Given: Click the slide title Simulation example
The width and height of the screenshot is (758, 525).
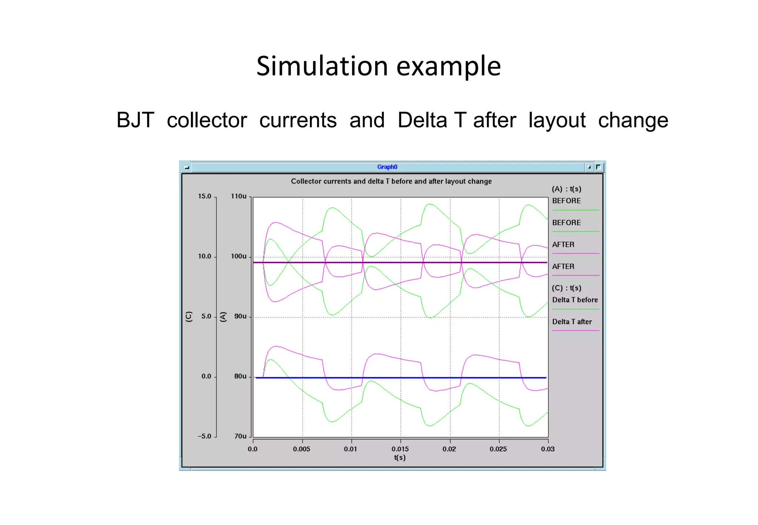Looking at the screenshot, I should point(378,66).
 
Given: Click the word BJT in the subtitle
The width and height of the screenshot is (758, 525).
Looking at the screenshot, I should point(135,120).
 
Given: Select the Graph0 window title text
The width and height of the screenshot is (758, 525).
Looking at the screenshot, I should point(387,167).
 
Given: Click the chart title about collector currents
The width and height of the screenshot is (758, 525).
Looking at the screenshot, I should point(391,181).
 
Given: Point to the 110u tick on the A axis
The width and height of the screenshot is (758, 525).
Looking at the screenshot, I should point(239,196).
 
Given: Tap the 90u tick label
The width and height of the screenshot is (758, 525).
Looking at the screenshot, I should point(240,316).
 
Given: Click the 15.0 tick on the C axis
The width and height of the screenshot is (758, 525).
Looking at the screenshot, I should point(204,196).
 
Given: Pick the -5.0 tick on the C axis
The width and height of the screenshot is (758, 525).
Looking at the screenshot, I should point(204,436).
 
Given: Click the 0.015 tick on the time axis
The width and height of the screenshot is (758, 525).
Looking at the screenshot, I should point(400,449).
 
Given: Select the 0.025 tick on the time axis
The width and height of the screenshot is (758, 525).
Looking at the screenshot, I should point(498,449).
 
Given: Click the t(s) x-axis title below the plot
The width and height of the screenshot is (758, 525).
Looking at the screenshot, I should point(400,458).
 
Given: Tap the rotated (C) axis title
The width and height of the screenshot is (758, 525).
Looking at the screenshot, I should point(189,317).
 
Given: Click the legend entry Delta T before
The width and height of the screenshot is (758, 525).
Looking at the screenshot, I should point(575,300).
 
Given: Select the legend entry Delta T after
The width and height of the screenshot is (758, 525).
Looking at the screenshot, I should point(572,322).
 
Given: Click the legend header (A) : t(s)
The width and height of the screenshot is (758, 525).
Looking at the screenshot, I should point(566,189).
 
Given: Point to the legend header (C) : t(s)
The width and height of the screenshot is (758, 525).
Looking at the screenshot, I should point(566,288).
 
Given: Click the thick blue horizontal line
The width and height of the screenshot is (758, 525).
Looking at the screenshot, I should point(407,378).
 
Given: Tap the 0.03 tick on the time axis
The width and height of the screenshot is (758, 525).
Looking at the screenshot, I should point(548,449).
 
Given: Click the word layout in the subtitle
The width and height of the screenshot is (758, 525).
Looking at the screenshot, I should point(557,120).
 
